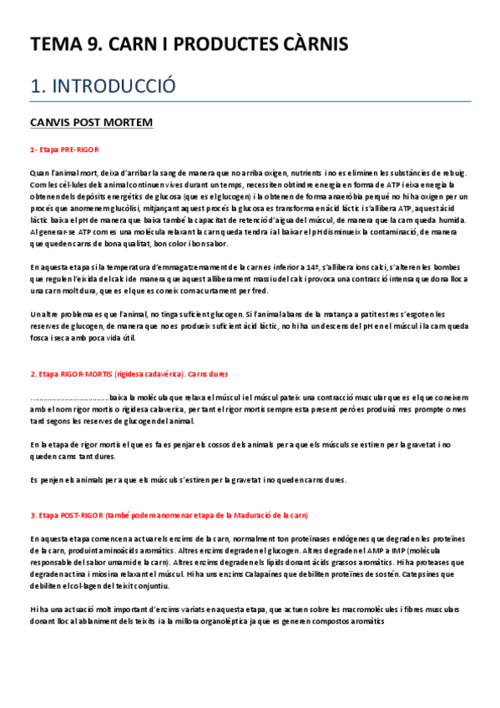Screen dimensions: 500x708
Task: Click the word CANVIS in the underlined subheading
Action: click(50, 123)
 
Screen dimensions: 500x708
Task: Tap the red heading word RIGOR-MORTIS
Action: click(87, 374)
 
